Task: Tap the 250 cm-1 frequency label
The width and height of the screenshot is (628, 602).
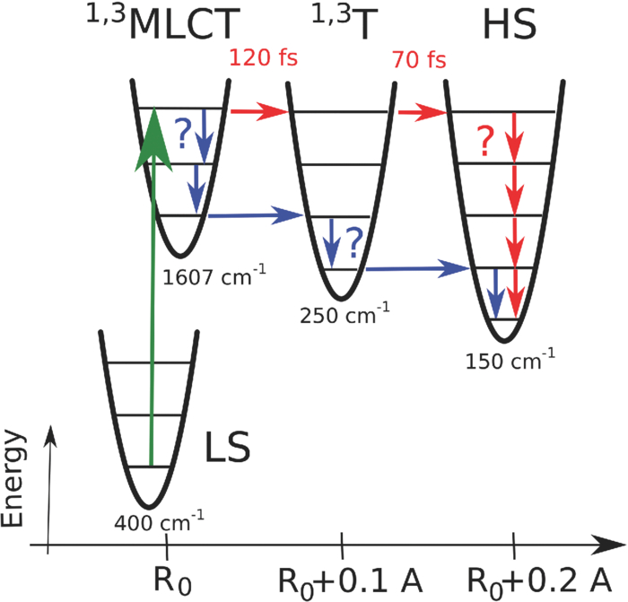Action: (346, 316)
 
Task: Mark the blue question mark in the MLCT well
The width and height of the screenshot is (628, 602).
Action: (182, 135)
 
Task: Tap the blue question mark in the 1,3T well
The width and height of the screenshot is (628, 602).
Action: (354, 241)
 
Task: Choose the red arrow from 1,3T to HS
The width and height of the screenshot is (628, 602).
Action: (422, 112)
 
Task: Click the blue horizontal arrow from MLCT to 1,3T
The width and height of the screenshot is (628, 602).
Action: (257, 215)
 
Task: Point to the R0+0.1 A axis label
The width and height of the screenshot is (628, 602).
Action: (342, 574)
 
